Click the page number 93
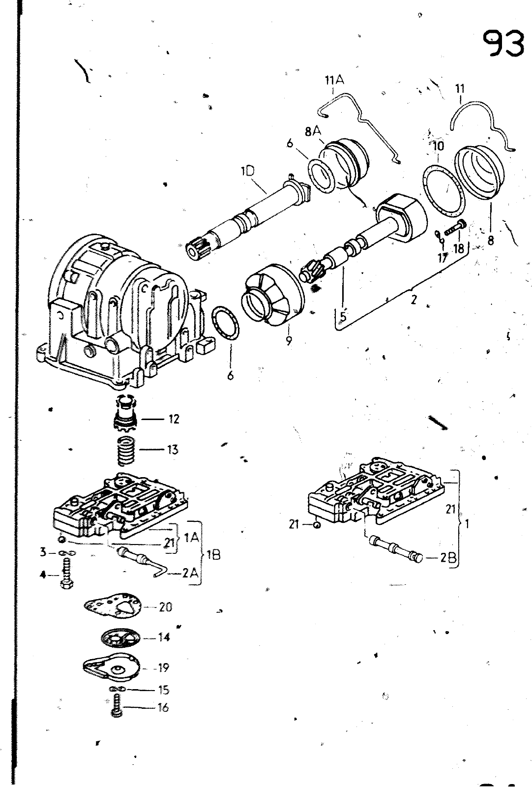click(x=504, y=44)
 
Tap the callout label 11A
click(x=334, y=81)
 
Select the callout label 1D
click(x=248, y=172)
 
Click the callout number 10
click(x=438, y=146)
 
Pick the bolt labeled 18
click(x=455, y=228)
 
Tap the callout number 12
click(x=174, y=419)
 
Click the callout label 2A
click(x=190, y=573)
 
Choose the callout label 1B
click(x=212, y=555)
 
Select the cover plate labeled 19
click(x=112, y=667)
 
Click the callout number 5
click(x=343, y=316)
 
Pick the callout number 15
click(x=164, y=690)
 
